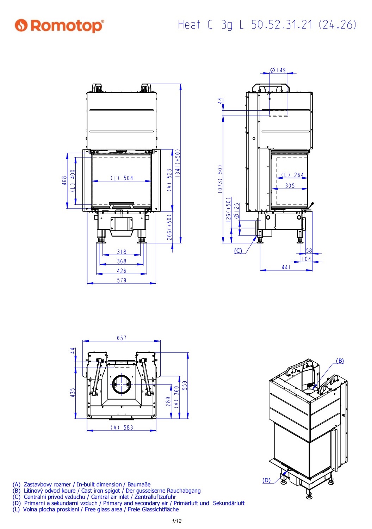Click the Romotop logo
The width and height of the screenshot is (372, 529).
tap(59, 25)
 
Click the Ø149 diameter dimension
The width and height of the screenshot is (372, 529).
tap(278, 70)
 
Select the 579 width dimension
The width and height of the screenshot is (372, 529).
tap(122, 280)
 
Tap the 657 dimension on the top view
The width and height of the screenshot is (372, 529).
tap(122, 338)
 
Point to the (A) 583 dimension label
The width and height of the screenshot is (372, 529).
tap(122, 427)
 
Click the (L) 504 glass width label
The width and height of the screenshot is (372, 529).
tap(122, 178)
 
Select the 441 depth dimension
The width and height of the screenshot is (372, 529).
tap(286, 267)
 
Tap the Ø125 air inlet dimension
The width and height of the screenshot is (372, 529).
tap(236, 210)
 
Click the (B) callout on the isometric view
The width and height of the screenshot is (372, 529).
tap(340, 361)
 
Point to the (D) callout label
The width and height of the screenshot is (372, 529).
tap(266, 480)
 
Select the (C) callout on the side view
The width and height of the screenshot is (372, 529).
tap(238, 251)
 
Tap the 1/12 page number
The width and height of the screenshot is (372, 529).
tap(177, 521)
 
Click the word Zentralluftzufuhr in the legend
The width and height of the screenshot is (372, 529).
tap(155, 497)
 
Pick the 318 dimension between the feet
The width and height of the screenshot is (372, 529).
tap(122, 252)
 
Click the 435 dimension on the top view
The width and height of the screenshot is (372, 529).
tap(73, 393)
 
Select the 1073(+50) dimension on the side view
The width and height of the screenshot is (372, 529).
tap(220, 179)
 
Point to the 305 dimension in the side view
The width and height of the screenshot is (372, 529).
tap(290, 186)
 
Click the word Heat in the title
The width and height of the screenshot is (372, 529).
tap(189, 25)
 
